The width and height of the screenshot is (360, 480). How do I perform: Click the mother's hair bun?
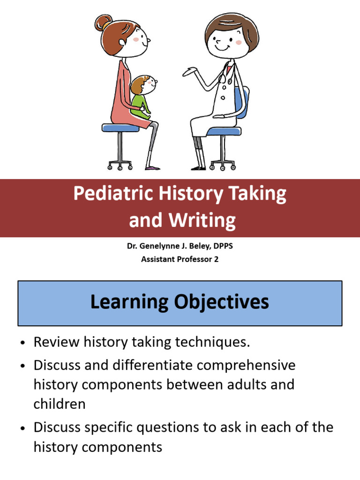tap(102, 22)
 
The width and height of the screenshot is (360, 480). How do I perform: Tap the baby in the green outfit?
tap(141, 99)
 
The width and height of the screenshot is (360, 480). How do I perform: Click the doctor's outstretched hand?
tap(190, 72)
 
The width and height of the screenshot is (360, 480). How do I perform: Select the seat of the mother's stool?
tap(120, 127)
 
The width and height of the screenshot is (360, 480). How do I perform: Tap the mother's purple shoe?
tap(152, 167)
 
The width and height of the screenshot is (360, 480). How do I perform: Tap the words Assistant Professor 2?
tap(180, 259)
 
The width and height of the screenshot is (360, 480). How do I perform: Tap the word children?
tap(60, 404)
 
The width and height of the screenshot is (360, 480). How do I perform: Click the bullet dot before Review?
tap(22, 343)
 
